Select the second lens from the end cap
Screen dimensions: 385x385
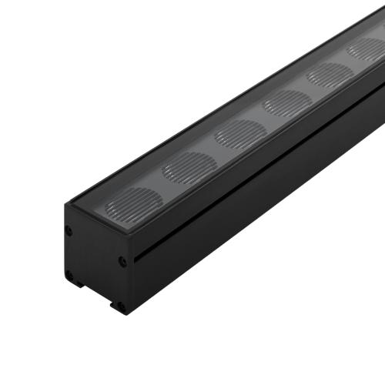(189, 167)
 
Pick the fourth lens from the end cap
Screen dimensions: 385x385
(287, 102)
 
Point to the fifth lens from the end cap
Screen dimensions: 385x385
(330, 75)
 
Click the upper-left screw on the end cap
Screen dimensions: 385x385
(70, 229)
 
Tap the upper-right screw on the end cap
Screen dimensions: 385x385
(122, 261)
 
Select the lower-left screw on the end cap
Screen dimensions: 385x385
(70, 273)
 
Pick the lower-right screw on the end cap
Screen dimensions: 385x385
(122, 306)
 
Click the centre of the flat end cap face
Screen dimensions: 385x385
(96, 266)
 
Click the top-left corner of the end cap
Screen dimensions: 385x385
(67, 204)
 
